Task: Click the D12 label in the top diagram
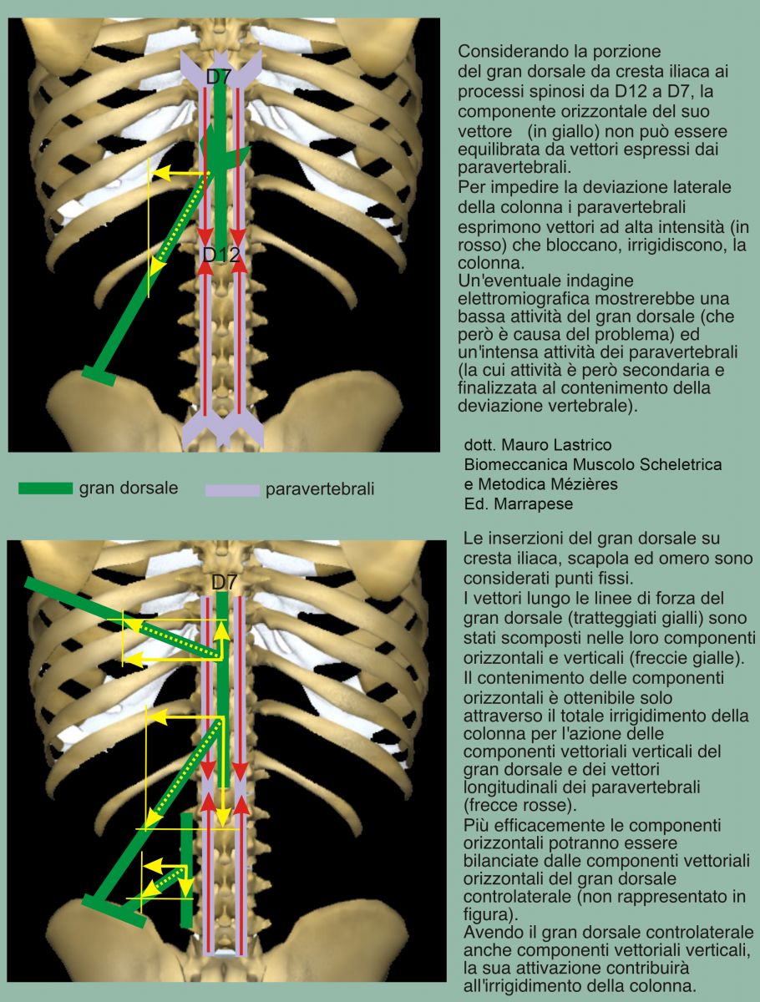pyautogui.click(x=221, y=255)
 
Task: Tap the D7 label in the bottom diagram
pyautogui.click(x=225, y=582)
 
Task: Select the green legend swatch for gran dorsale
pyautogui.click(x=46, y=488)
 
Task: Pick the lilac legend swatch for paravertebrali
pyautogui.click(x=232, y=490)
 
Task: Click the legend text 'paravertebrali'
pyautogui.click(x=320, y=489)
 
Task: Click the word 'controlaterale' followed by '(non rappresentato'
pyautogui.click(x=517, y=896)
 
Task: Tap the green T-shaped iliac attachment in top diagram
pyautogui.click(x=99, y=375)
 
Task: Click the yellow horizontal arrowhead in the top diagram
pyautogui.click(x=160, y=173)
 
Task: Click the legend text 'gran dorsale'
pyautogui.click(x=129, y=488)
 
